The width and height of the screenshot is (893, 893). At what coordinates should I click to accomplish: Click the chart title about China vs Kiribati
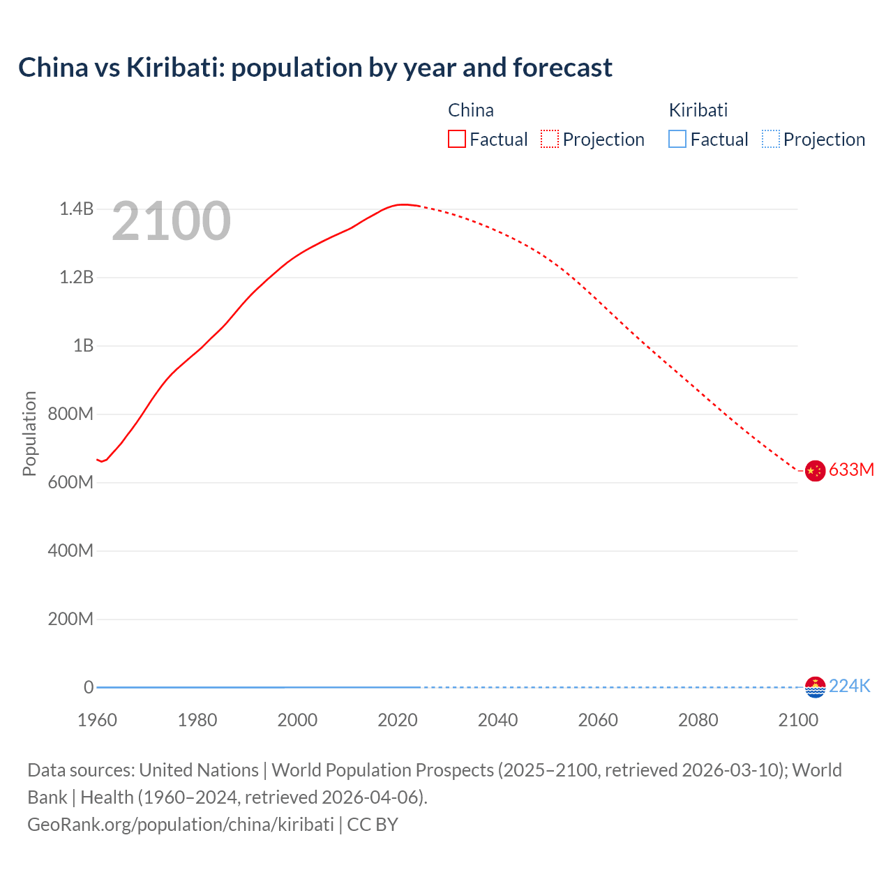[315, 68]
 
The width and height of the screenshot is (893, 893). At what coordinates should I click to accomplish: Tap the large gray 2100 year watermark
[171, 221]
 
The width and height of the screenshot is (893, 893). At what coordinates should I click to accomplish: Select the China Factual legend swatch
[456, 140]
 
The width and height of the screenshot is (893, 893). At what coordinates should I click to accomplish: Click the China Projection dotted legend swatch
[550, 140]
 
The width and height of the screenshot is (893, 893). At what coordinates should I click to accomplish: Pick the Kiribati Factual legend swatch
[677, 140]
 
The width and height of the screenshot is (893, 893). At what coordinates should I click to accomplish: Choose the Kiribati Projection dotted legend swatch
[770, 140]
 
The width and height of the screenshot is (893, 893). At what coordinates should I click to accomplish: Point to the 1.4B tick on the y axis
[76, 209]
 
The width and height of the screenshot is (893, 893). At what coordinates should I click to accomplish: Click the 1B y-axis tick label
[83, 346]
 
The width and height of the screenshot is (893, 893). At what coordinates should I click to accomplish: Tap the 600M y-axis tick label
[70, 483]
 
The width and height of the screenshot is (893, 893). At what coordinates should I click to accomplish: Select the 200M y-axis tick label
[70, 620]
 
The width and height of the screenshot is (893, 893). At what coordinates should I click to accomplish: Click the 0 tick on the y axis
[89, 687]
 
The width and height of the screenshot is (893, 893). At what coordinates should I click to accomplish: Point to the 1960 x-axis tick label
[97, 720]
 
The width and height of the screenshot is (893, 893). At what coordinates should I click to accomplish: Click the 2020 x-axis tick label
[398, 720]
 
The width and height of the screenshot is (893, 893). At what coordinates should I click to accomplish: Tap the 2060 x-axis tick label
[598, 720]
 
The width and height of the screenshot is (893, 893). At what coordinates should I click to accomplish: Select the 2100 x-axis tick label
[798, 720]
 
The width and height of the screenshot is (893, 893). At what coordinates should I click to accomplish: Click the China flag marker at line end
[815, 471]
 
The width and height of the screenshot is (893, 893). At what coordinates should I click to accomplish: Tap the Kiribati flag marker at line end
[815, 687]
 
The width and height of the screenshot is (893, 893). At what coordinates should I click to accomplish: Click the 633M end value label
[851, 470]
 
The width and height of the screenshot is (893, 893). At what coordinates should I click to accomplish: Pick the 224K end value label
[850, 686]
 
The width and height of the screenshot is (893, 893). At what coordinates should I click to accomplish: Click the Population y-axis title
[29, 433]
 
